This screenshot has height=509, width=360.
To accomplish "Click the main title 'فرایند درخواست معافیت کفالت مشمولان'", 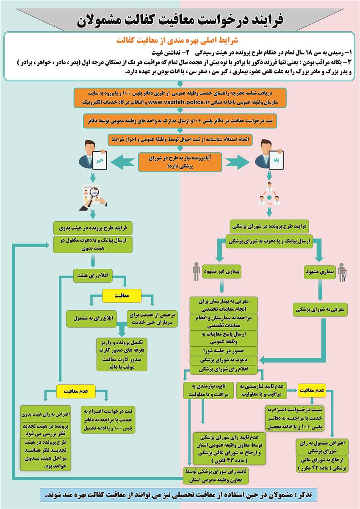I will point(180,19).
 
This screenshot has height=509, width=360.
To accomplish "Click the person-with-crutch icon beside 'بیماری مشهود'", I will point(342,273).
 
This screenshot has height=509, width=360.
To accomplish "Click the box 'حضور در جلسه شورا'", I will point(224,350).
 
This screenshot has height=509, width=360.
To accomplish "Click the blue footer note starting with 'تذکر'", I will point(180,495).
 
